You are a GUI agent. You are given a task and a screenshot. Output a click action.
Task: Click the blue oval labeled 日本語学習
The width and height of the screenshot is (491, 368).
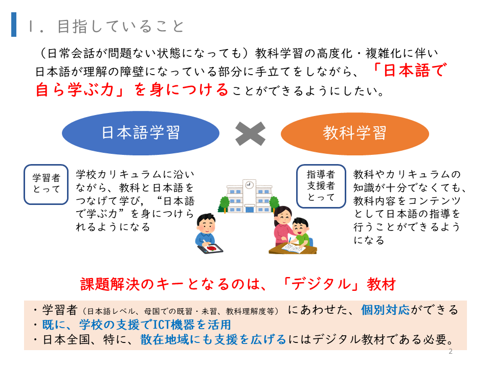click(141, 133)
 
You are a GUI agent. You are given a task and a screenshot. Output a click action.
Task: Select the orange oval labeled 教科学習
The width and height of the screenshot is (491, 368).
click(355, 133)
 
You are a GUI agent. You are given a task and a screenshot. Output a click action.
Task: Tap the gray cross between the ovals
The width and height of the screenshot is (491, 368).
click(250, 133)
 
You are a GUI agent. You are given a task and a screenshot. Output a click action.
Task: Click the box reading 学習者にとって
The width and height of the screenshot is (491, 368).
click(46, 185)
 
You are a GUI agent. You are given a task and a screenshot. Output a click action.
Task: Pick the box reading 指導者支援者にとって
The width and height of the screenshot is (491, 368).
click(321, 186)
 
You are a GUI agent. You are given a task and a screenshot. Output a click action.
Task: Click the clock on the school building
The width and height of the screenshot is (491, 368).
click(249, 185)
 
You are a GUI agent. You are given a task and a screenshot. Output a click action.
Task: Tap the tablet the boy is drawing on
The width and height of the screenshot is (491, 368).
click(210, 248)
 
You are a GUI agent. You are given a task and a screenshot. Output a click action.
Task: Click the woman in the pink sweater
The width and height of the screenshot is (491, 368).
click(283, 226)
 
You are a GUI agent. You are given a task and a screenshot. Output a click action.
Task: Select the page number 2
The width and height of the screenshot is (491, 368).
click(450, 351)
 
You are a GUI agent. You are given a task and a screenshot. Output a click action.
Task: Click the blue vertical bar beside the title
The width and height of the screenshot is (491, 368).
click(14, 25)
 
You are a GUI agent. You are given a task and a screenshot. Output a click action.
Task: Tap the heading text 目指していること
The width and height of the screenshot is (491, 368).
click(121, 26)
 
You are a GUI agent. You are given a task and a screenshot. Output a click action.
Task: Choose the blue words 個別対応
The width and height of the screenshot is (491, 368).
click(385, 310)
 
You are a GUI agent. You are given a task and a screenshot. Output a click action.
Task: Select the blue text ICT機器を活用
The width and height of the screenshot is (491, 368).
click(192, 325)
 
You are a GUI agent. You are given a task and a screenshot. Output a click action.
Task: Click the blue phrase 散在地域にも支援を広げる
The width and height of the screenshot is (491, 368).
click(213, 339)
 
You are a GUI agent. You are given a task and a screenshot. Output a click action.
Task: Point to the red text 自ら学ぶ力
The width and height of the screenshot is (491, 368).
click(75, 89)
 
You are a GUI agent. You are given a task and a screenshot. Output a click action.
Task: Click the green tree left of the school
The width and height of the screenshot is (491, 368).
click(224, 203)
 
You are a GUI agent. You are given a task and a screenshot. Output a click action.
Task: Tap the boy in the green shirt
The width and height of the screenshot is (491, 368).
click(300, 232)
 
